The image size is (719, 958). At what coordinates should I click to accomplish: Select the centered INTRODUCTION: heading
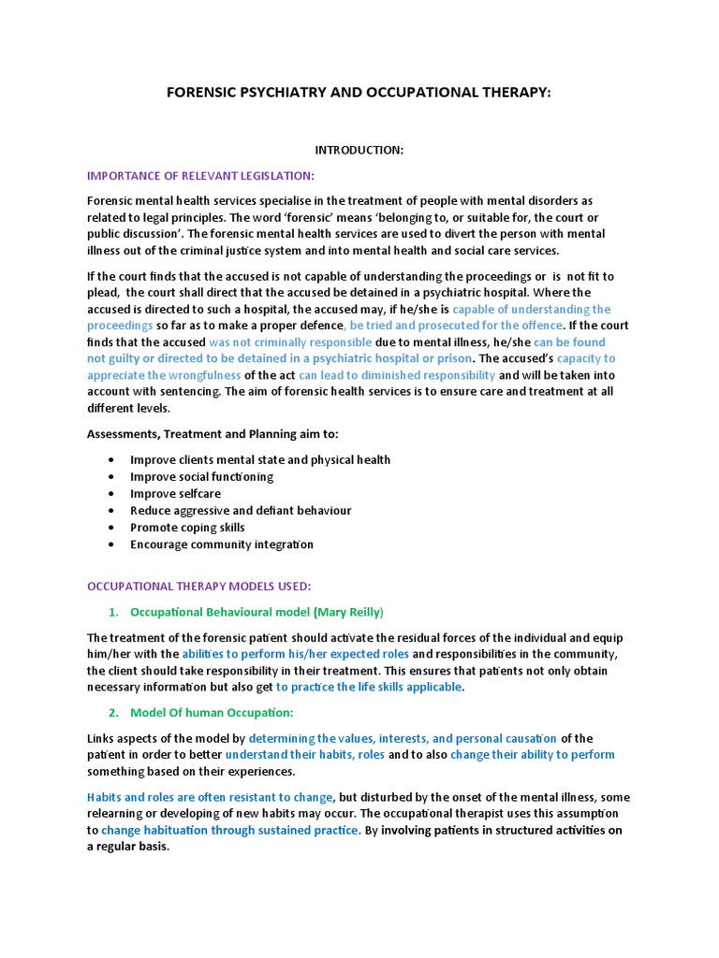[359, 151]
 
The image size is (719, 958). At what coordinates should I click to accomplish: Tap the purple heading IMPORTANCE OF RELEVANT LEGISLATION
[200, 175]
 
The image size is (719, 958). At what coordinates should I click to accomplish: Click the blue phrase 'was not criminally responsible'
[290, 342]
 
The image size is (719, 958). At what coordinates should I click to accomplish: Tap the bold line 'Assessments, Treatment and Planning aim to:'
[213, 434]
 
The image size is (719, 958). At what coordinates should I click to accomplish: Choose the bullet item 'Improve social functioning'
[201, 476]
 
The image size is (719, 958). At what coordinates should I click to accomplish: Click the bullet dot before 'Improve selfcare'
[112, 494]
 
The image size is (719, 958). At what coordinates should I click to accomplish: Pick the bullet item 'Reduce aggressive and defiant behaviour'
[241, 511]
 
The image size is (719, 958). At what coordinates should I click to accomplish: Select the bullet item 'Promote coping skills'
[187, 528]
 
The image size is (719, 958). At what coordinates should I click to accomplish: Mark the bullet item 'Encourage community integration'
[222, 544]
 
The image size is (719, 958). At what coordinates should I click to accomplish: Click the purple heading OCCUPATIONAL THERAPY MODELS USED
[198, 587]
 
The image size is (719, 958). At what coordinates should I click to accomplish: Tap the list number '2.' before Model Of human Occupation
[113, 713]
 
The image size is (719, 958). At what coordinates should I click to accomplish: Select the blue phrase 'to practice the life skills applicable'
[369, 687]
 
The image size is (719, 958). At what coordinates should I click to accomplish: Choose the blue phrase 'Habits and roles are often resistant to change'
[210, 797]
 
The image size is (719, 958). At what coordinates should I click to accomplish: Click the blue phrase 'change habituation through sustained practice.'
[230, 830]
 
